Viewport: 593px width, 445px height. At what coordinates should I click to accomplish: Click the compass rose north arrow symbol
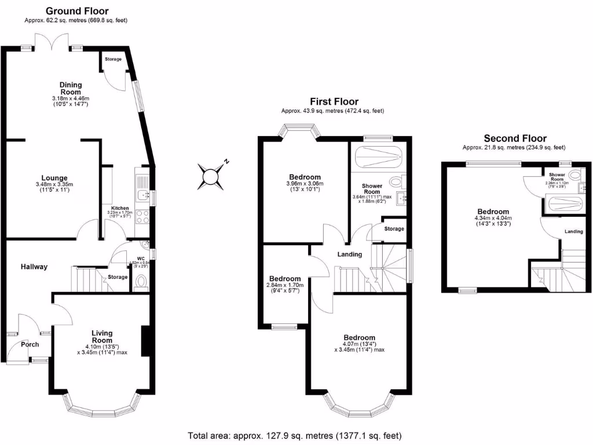pos(212,174)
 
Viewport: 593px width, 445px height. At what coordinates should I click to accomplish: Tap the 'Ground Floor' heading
pos(76,11)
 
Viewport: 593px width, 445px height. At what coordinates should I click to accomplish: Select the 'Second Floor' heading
pos(515,138)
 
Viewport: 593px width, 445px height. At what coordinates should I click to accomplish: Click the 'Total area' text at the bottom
pos(295,435)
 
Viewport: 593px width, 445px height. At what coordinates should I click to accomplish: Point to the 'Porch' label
pos(30,344)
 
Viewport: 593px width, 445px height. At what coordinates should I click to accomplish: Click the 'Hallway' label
pos(34,267)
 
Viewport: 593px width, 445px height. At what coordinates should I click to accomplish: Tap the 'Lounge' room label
pos(54,178)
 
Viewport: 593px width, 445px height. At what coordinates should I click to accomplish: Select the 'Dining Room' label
pos(71,88)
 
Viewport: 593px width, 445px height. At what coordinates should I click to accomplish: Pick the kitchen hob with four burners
pos(142,216)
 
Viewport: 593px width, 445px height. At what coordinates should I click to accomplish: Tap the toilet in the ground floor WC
pos(141,282)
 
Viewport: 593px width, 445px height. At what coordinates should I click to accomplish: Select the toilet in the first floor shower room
pos(397,182)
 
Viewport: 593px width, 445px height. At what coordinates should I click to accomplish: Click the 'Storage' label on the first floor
pos(394,229)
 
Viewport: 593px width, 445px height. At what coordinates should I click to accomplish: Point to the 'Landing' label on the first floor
pos(350,254)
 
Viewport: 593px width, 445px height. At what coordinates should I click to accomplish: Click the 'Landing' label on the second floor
pos(574,232)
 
